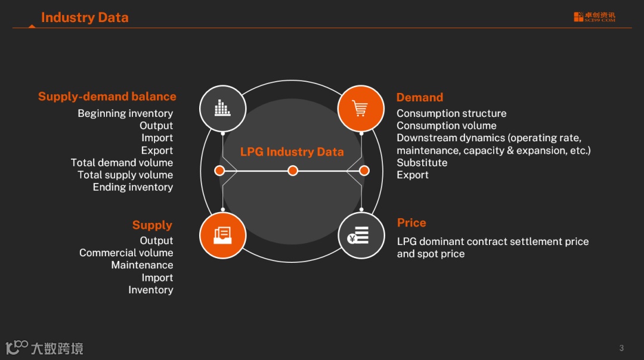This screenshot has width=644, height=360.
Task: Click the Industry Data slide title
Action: [x=85, y=18]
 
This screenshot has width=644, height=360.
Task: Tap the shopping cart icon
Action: [x=361, y=108]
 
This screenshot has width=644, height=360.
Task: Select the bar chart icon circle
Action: [x=222, y=108]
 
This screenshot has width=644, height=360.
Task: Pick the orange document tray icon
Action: [x=222, y=235]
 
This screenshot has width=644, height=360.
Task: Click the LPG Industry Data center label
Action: [x=292, y=152]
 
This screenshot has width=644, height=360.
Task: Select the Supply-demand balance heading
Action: [x=107, y=97]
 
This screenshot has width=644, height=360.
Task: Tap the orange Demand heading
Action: [x=420, y=98]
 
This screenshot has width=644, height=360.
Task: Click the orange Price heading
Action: [x=411, y=223]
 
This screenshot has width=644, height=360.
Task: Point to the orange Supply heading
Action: [x=152, y=225]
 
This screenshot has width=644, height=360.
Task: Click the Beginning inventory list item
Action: [x=125, y=113]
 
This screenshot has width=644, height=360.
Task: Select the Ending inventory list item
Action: [x=133, y=187]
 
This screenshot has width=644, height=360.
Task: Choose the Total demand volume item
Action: [x=122, y=163]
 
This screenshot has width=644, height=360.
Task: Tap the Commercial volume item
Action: [x=126, y=253]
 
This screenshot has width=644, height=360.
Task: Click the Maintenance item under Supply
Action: [x=142, y=265]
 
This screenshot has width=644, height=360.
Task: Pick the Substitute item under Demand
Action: [x=422, y=163]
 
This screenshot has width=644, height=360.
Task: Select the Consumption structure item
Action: [x=451, y=113]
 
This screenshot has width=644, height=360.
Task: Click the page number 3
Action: [x=621, y=348]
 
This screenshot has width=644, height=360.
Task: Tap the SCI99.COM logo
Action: [x=595, y=17]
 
